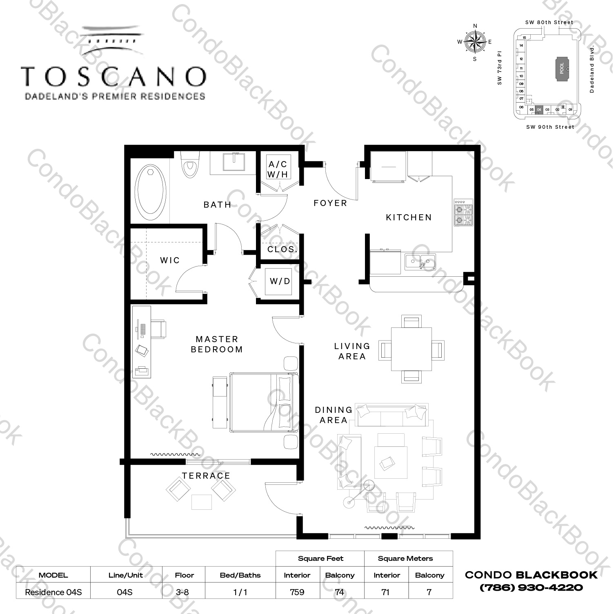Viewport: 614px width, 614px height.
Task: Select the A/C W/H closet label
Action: pos(278,169)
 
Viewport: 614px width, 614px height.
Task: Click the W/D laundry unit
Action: pos(280,281)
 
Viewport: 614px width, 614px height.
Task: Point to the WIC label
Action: pos(170,260)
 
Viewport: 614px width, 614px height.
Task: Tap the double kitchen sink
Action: pos(420,262)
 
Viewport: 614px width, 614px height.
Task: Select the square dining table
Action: pos(411,349)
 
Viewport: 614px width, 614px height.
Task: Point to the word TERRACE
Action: pos(206,476)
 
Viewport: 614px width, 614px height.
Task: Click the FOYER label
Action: pos(330,203)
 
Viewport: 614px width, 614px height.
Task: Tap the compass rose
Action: pos(475,42)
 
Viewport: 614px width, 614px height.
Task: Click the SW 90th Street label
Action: pos(550,127)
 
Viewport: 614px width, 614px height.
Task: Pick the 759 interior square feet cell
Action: pos(297,592)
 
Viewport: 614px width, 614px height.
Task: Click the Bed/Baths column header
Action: pos(240,575)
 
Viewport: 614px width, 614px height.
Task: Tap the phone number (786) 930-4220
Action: pos(531,588)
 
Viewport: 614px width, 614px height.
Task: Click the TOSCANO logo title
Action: pos(113,76)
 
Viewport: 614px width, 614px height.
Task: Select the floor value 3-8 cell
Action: pos(184,592)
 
